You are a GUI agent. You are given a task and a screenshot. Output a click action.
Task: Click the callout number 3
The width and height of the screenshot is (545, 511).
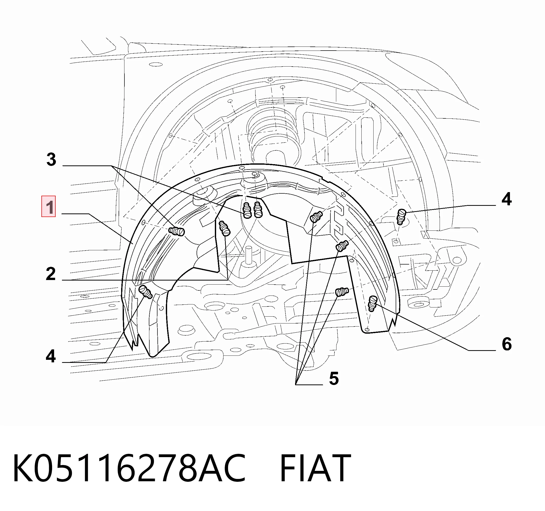point(51,159)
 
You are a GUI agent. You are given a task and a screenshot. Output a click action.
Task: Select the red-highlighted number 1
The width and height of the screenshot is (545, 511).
point(49,206)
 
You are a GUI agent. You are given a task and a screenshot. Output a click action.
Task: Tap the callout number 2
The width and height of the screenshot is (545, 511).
point(51,274)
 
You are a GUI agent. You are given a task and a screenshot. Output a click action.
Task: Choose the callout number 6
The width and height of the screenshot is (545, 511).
point(507,344)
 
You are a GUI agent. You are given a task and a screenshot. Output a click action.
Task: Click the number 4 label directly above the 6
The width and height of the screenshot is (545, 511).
point(507,199)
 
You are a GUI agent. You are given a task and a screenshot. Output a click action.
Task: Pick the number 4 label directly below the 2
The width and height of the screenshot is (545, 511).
point(51,356)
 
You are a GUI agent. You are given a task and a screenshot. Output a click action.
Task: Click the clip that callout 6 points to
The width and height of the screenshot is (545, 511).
point(373,303)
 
